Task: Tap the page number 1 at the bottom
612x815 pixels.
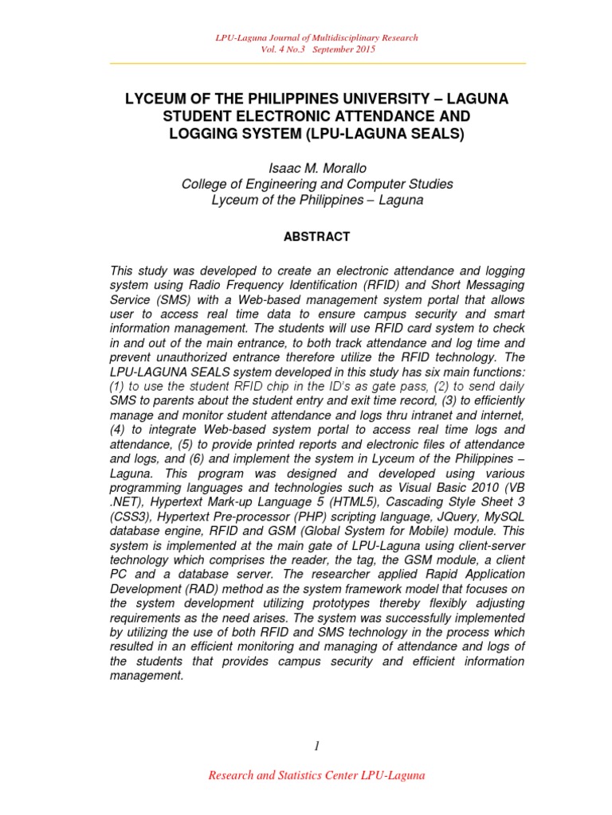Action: (x=316, y=745)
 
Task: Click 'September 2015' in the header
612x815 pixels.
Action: (x=344, y=49)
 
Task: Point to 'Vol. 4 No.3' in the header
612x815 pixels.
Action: (x=284, y=49)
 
